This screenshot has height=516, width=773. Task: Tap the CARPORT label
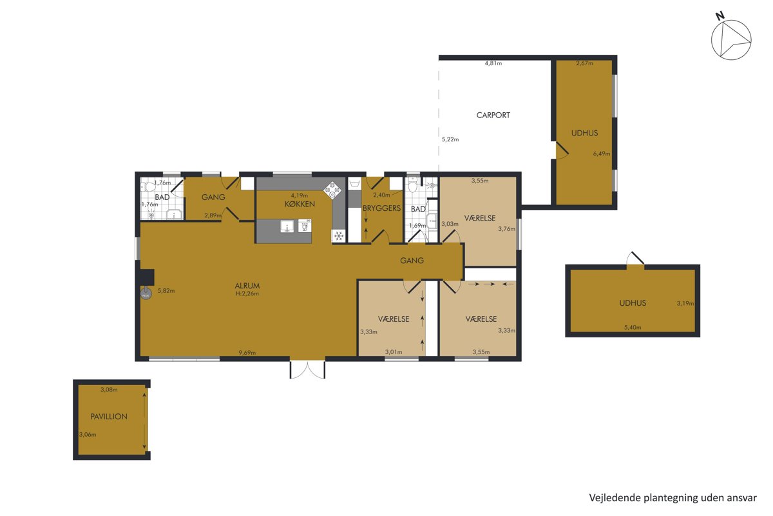[493, 115]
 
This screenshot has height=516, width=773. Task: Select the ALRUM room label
[247, 286]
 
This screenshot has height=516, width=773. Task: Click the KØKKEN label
[300, 204]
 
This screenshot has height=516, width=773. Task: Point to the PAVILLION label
[109, 417]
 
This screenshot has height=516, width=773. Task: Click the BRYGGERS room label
[381, 208]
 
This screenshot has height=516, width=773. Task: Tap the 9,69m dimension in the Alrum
[247, 353]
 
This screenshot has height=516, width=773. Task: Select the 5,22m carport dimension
[450, 139]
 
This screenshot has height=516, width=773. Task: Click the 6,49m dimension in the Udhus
[602, 154]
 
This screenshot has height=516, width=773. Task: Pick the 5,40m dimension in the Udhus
[633, 327]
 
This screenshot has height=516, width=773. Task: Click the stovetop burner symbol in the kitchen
[332, 190]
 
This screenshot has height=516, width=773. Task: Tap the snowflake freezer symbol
[339, 236]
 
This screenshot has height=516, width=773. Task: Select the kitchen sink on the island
[287, 226]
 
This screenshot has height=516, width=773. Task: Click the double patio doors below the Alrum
[307, 370]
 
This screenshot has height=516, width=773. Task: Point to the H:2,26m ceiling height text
[247, 293]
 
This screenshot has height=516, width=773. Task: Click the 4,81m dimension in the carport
[493, 63]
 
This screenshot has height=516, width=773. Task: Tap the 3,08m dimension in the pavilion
[109, 390]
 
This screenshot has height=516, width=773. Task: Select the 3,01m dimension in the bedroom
[394, 352]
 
